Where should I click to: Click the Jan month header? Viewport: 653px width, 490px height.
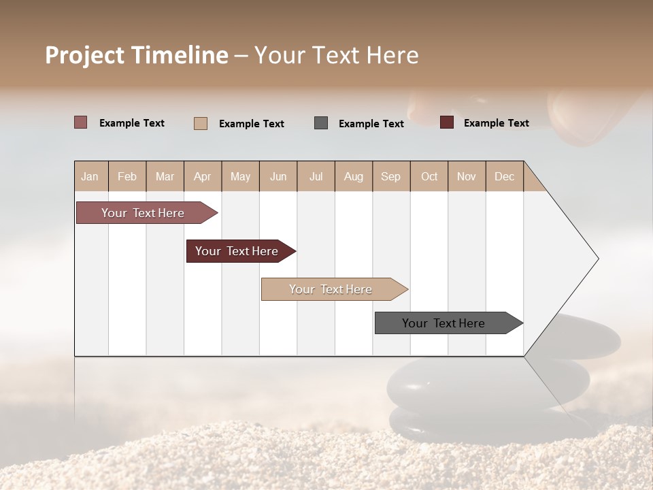point(90,176)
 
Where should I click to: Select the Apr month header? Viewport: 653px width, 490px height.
point(202,176)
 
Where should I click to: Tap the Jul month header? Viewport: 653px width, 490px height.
point(316,176)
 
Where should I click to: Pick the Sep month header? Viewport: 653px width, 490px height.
point(390,176)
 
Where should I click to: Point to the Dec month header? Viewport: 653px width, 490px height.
point(504,176)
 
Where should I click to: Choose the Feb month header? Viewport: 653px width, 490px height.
point(127,176)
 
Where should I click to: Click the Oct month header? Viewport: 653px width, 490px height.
point(429,176)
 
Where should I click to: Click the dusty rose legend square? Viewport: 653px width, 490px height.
point(81,122)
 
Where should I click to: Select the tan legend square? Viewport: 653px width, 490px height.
point(201,123)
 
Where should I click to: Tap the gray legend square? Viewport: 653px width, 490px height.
point(321,123)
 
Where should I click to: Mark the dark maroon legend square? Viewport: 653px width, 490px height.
point(447,122)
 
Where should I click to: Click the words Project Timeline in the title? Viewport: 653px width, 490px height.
point(137,55)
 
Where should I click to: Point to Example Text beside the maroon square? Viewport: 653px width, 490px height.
point(496,123)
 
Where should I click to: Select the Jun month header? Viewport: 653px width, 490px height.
point(278,176)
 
